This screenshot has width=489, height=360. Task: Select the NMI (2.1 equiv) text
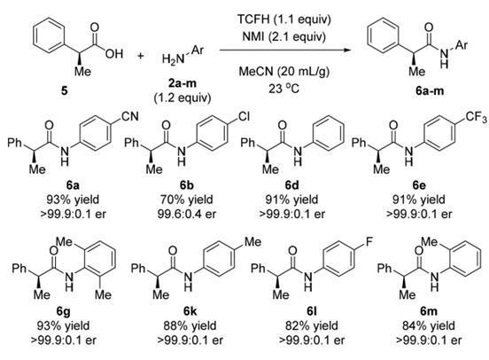point(283,36)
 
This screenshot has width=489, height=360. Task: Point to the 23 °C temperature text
point(283,89)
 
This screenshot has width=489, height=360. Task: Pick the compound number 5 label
point(65,91)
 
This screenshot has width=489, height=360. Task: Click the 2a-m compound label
point(182,83)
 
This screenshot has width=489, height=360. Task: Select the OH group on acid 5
point(113,54)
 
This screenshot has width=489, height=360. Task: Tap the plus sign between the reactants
point(141,56)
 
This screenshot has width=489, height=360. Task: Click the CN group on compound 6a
point(129,116)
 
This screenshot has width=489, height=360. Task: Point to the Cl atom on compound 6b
point(244,116)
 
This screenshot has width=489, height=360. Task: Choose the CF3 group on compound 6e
point(477,117)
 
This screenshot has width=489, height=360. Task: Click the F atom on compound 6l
point(369,242)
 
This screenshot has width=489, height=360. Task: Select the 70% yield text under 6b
point(187,200)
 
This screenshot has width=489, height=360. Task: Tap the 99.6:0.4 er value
point(187,215)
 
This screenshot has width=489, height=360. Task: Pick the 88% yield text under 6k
point(190,325)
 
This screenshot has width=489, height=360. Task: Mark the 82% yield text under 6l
point(312,325)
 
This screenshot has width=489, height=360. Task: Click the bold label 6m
point(428,311)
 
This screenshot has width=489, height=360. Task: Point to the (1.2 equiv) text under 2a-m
point(182,98)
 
